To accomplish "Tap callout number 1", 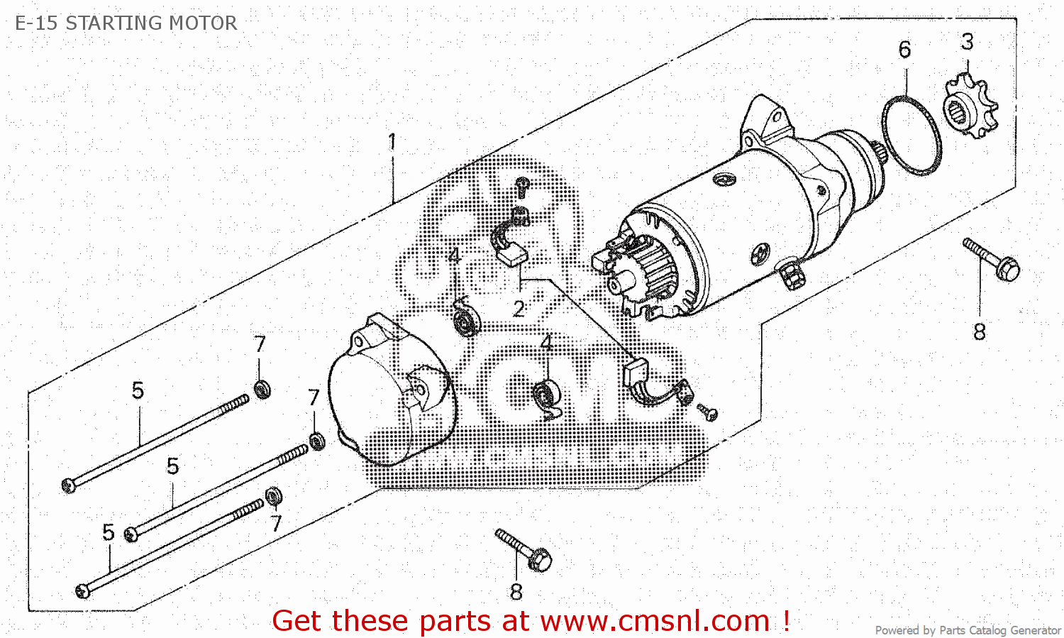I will [x=392, y=142].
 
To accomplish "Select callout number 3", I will [x=968, y=42].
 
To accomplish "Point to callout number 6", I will [x=904, y=50].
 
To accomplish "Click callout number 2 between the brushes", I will [x=519, y=309].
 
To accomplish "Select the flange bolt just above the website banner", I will [x=525, y=550].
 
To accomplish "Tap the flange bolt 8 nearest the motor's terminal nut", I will [x=992, y=259].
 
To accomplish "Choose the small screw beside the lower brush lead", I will [x=708, y=412].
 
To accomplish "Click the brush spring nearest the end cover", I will [x=466, y=320].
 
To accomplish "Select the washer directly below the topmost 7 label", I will [x=262, y=389].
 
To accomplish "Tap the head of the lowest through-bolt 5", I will [x=83, y=590].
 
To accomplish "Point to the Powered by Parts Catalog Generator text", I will [x=968, y=630].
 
